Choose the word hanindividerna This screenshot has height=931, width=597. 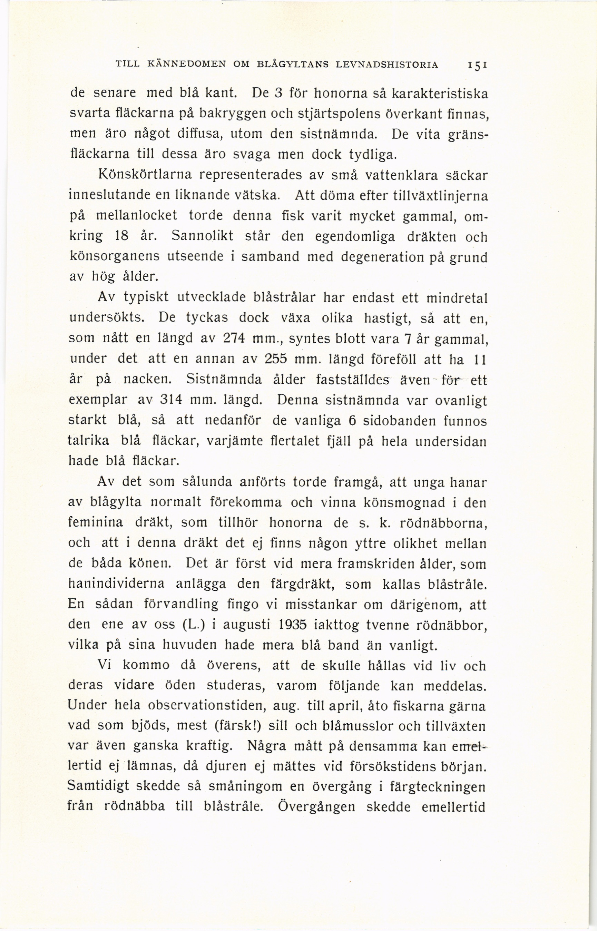point(116,584)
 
